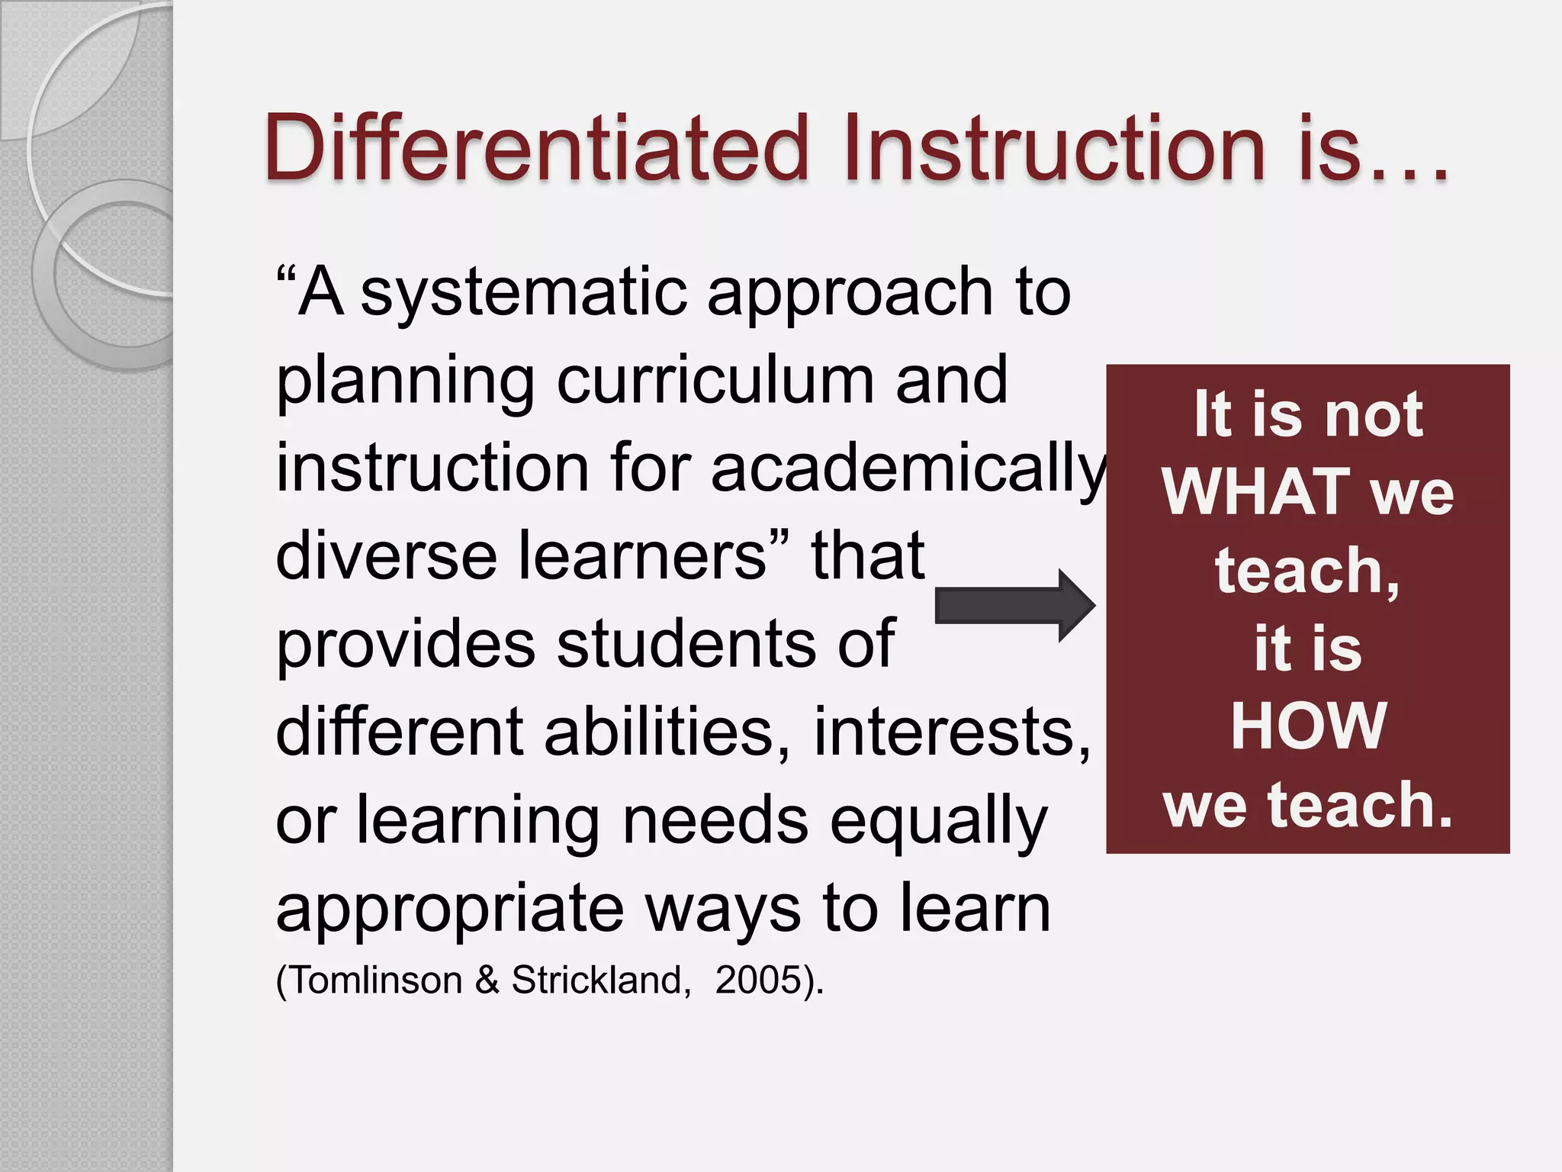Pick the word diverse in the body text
coord(386,556)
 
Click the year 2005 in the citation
coord(759,980)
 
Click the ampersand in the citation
coord(487,980)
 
